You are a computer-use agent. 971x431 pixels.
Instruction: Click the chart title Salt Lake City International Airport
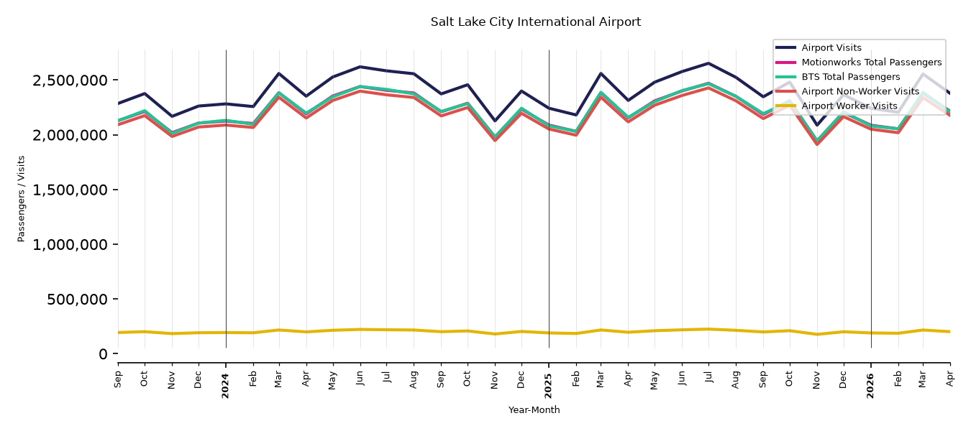[x=535, y=22]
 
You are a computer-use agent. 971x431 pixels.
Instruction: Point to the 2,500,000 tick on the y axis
[x=70, y=80]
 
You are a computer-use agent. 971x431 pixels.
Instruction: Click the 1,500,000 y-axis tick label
[x=70, y=190]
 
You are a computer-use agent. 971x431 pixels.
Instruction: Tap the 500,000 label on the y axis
[x=77, y=300]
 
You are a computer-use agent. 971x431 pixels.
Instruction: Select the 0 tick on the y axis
[x=103, y=354]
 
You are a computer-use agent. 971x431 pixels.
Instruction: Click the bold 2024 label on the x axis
[x=225, y=386]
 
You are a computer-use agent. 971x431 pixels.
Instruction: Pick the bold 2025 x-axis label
[x=548, y=386]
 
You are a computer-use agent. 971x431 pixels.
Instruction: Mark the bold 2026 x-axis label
[x=871, y=386]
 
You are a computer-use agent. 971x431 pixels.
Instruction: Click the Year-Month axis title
[x=534, y=409]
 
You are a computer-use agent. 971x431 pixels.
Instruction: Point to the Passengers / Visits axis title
[x=22, y=199]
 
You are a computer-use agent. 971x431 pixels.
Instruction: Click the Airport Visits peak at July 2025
[x=708, y=63]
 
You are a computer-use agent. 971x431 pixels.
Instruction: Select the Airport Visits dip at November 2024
[x=495, y=121]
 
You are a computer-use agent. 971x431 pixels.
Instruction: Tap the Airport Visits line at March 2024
[x=279, y=73]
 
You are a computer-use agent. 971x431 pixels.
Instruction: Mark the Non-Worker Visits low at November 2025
[x=817, y=144]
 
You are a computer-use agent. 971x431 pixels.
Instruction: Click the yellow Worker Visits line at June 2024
[x=360, y=329]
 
